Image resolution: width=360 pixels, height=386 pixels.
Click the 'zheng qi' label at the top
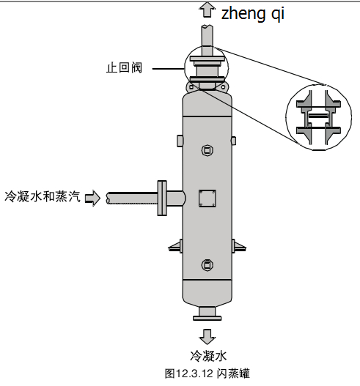(253, 13)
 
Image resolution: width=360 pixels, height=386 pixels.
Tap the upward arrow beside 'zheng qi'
(207, 10)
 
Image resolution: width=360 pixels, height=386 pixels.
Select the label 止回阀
(124, 67)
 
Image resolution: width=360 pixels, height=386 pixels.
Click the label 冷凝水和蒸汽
(43, 196)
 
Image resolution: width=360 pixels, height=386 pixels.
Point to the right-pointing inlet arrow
(92, 198)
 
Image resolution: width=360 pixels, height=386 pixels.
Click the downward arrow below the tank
(207, 336)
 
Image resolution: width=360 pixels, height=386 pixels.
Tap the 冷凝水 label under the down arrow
(208, 356)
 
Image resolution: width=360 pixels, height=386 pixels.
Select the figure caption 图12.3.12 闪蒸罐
(207, 374)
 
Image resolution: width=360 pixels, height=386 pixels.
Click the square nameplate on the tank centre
(207, 198)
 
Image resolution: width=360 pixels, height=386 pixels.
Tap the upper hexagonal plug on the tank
(207, 150)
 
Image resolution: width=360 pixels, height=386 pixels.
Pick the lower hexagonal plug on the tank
(207, 265)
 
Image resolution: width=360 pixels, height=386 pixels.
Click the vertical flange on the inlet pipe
(162, 198)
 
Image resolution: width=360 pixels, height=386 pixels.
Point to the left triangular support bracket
(176, 246)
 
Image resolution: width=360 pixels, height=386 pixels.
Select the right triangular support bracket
(239, 246)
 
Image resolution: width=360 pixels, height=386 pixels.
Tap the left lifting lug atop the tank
(190, 87)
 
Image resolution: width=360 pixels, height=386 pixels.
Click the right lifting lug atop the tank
(223, 87)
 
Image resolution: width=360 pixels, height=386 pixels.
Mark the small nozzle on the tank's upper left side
(180, 141)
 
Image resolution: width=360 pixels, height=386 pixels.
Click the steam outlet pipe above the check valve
(207, 40)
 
